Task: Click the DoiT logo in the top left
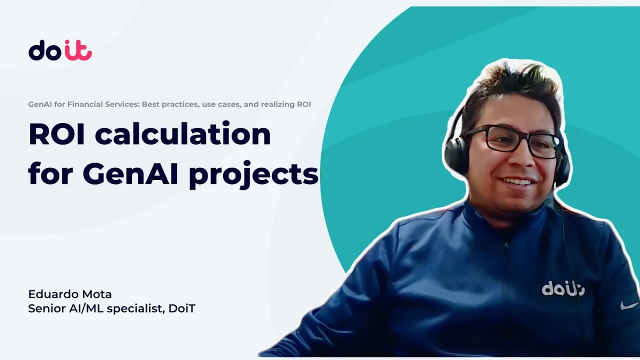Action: [60, 50]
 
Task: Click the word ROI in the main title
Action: [56, 134]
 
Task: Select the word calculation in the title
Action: [183, 133]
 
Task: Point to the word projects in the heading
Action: [253, 175]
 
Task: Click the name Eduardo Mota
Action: [70, 294]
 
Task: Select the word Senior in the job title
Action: [47, 308]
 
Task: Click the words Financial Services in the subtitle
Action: [103, 104]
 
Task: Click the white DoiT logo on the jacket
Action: [563, 288]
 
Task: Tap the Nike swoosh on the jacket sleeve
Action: [629, 305]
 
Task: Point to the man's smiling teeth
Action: [517, 181]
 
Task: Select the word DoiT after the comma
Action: [182, 308]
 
